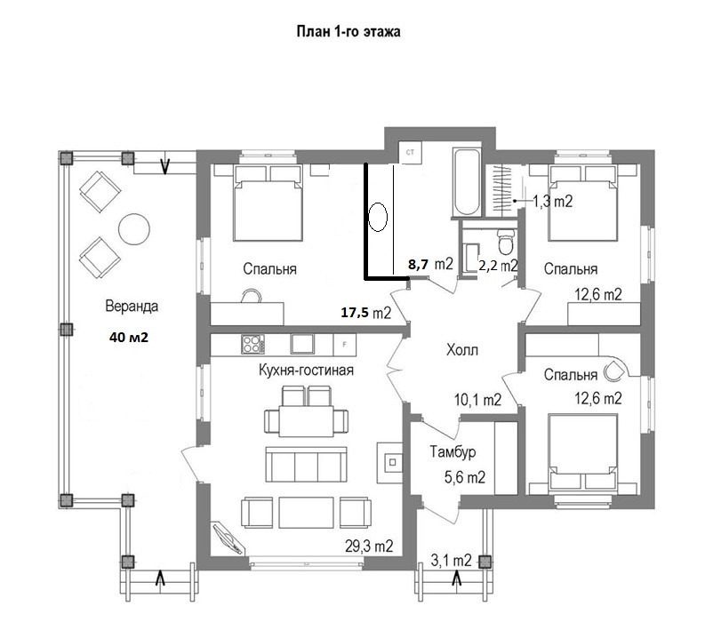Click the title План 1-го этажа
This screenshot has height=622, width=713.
[x=348, y=32]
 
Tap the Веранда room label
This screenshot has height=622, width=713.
[x=132, y=306]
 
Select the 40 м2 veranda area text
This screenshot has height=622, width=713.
[x=129, y=337]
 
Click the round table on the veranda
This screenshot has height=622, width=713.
[x=134, y=229]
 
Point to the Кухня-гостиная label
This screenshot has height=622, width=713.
[x=306, y=370]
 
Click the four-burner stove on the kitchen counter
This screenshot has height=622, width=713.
[x=252, y=344]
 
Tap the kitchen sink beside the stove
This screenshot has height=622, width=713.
[x=302, y=344]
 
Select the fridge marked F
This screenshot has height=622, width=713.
[x=345, y=345]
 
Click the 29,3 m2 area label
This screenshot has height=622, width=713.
[x=369, y=546]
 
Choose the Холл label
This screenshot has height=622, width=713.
[x=462, y=350]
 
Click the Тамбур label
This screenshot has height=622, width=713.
[x=453, y=451]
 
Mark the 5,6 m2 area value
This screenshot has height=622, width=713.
[x=464, y=476]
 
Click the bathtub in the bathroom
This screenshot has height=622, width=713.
[x=467, y=182]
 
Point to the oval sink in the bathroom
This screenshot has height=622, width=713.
[x=378, y=217]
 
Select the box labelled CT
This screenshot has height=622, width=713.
[x=410, y=152]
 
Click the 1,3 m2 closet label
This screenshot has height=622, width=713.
[x=552, y=201]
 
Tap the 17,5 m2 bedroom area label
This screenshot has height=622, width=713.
[x=366, y=313]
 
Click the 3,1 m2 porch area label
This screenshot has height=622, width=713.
[x=451, y=560]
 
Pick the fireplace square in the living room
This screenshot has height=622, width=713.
[x=393, y=463]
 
